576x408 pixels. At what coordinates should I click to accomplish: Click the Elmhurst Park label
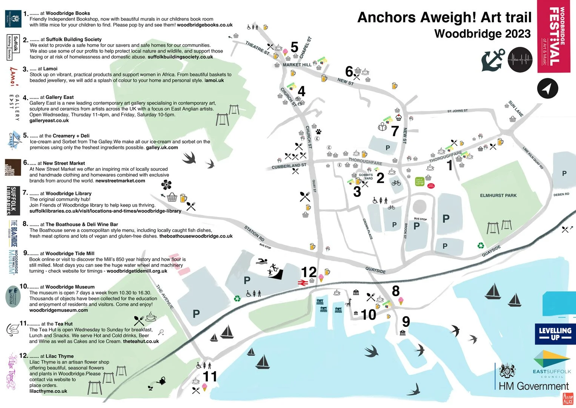point(498,195)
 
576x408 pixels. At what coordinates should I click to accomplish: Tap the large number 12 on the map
point(309,272)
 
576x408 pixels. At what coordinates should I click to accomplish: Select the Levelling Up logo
point(555,334)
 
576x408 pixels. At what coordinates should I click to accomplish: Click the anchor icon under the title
point(493,60)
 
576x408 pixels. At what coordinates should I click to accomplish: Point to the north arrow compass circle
point(547,88)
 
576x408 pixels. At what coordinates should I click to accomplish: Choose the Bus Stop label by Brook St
point(420,219)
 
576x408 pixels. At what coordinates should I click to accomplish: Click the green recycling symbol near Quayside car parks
point(481,246)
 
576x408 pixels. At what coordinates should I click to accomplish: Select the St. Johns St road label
point(457,111)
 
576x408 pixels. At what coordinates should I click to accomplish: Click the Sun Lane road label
point(516,108)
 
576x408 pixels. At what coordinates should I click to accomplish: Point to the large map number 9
point(406,321)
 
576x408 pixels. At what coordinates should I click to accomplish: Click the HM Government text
point(533,386)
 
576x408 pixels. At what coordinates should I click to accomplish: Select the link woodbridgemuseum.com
point(58,310)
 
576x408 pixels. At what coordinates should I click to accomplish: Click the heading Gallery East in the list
point(60,97)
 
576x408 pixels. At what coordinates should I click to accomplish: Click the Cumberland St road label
point(289,166)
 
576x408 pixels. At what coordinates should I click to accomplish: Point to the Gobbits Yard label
point(366,176)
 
